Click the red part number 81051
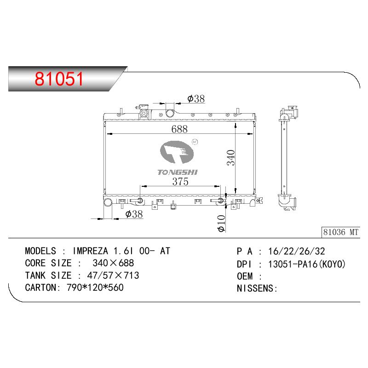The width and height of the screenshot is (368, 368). point(59,78)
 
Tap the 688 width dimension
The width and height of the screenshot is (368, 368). point(179,129)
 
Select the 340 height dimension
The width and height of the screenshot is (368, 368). point(231,158)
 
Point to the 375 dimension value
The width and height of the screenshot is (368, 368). point(180,181)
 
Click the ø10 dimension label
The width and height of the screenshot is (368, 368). point(221,224)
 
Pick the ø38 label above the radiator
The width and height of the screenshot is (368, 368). point(196,98)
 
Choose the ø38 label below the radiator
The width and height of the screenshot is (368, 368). point(134,214)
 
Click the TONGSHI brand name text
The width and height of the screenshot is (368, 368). point(178,172)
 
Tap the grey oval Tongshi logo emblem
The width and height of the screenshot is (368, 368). point(177,152)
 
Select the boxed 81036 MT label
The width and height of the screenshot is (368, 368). point(341,232)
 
